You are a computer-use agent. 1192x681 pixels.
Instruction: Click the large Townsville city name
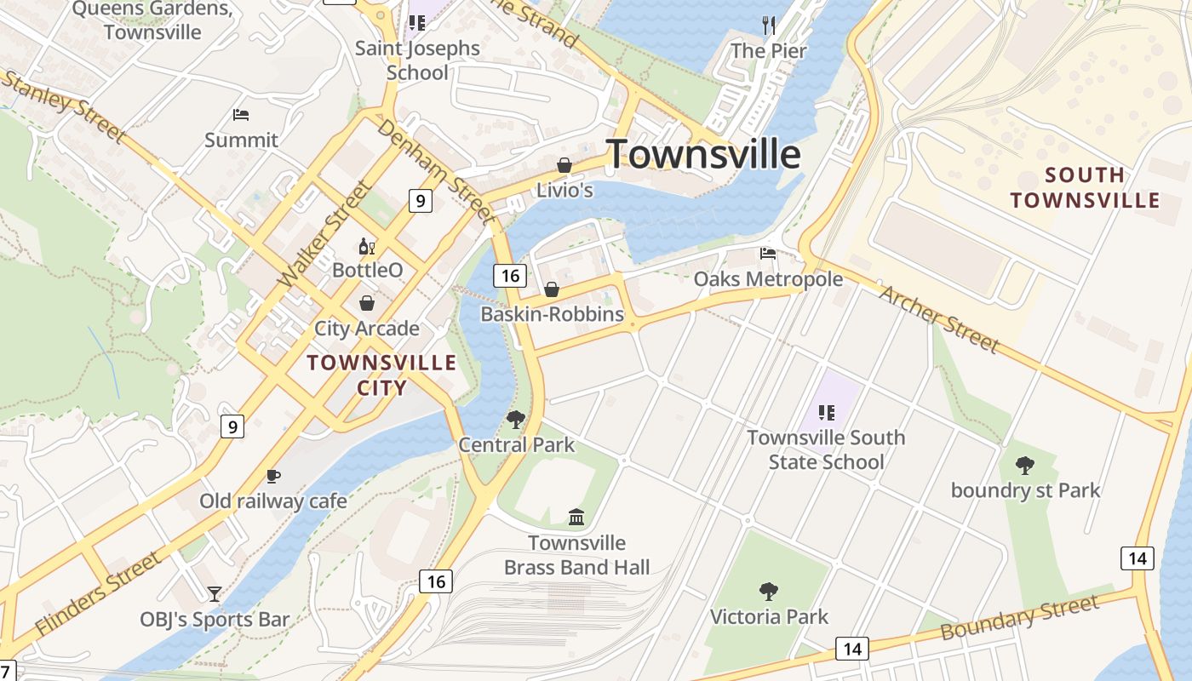pyautogui.click(x=703, y=155)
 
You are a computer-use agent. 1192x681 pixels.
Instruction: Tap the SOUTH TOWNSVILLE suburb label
pyautogui.click(x=1085, y=188)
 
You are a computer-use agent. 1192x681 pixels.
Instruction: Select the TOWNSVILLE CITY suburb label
pyautogui.click(x=381, y=375)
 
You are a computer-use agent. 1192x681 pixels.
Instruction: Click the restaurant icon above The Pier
pyautogui.click(x=769, y=26)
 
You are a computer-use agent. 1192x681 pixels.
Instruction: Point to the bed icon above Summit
pyautogui.click(x=241, y=115)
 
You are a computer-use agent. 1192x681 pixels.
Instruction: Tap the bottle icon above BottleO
pyautogui.click(x=367, y=247)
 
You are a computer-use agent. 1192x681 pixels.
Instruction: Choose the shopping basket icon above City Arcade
pyautogui.click(x=367, y=303)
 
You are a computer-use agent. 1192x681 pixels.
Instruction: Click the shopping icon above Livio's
pyautogui.click(x=564, y=165)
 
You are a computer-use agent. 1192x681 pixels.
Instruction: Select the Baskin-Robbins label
pyautogui.click(x=552, y=314)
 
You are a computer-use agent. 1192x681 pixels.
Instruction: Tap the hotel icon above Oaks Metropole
pyautogui.click(x=768, y=254)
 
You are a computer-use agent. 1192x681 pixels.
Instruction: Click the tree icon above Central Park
pyautogui.click(x=515, y=419)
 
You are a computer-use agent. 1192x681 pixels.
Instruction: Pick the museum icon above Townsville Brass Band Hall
pyautogui.click(x=576, y=517)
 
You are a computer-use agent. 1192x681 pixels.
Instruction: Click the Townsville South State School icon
pyautogui.click(x=826, y=413)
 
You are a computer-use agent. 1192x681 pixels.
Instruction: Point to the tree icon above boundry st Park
pyautogui.click(x=1025, y=465)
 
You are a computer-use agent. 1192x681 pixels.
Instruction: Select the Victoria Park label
pyautogui.click(x=769, y=616)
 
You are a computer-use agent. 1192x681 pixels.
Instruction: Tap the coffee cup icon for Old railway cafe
pyautogui.click(x=272, y=476)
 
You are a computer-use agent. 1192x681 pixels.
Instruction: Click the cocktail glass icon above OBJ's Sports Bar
pyautogui.click(x=215, y=593)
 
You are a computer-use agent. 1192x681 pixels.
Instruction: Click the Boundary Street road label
pyautogui.click(x=1019, y=618)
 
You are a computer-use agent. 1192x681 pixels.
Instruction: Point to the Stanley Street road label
pyautogui.click(x=64, y=106)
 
